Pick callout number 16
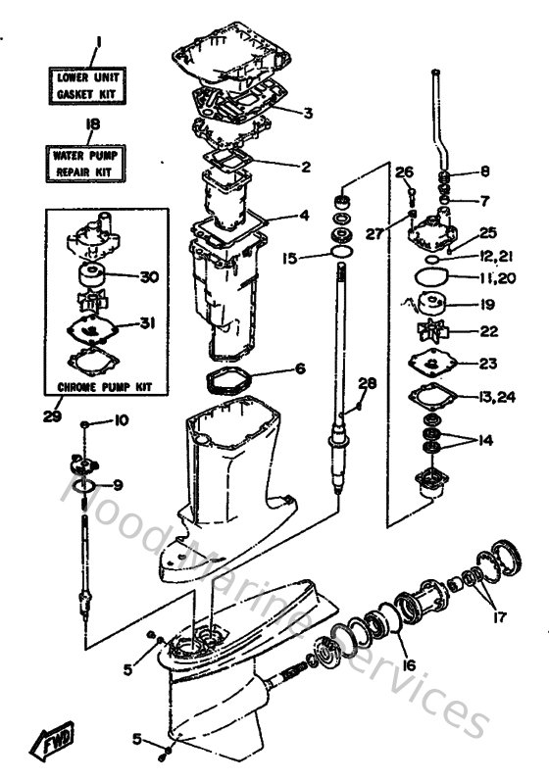408,664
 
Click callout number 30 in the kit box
149,277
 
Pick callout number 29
53,416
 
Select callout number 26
404,173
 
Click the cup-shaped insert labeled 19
432,303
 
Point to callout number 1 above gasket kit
97,44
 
